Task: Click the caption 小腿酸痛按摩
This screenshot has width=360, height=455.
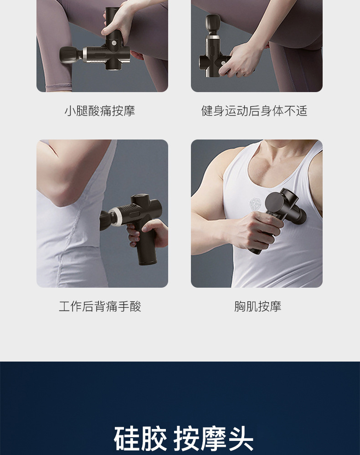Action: [x=100, y=111]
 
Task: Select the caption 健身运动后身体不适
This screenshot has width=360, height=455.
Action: [x=254, y=111]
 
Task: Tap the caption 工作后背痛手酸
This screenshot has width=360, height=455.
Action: [x=100, y=306]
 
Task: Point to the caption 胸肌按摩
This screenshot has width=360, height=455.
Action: [x=257, y=306]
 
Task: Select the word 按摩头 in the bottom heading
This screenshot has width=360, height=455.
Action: [x=213, y=439]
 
